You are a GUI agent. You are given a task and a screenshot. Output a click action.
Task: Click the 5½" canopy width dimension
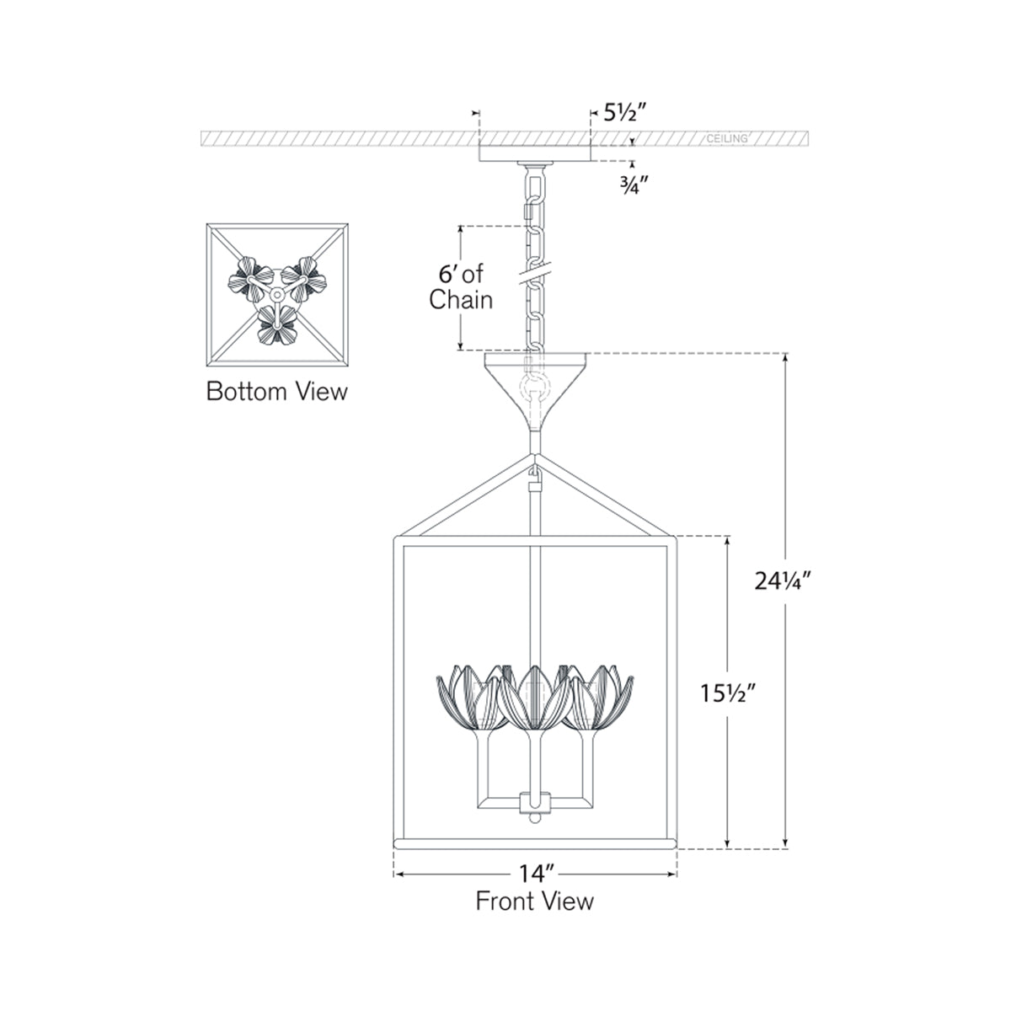point(624,111)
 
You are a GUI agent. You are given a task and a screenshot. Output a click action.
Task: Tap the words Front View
point(534,901)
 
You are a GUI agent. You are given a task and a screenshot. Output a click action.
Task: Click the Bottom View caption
point(276,392)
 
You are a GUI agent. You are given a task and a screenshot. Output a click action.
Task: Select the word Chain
point(461,299)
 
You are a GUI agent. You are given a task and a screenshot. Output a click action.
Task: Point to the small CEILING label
point(726,138)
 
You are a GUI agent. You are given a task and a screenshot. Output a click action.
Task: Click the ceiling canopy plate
point(534,152)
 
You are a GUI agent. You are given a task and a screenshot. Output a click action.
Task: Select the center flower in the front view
point(532,694)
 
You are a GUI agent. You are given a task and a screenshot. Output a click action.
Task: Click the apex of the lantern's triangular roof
point(533,459)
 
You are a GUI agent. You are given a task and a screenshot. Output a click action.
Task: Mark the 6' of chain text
point(459,286)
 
